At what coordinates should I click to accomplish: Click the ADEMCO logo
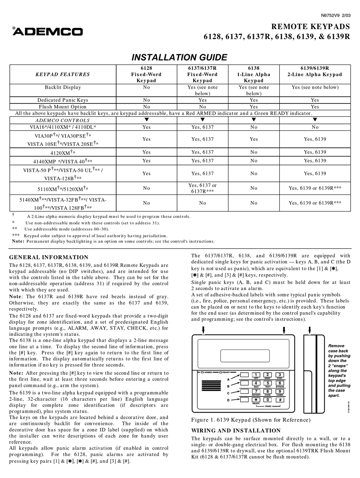pos(47,32)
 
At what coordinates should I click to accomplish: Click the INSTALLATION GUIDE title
pos(179,57)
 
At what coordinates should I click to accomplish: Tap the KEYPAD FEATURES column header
pos(63,74)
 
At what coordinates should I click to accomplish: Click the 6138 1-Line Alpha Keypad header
pos(254,74)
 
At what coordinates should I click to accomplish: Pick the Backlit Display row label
pos(63,87)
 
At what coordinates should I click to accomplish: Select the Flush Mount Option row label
pos(63,107)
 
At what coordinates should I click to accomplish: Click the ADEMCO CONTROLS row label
pos(63,120)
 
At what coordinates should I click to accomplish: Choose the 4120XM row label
pos(63,152)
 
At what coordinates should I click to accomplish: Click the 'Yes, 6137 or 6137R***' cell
pos(202,188)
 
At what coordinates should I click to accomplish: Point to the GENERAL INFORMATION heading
pos(49,257)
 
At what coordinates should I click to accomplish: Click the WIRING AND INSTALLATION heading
pos(236,431)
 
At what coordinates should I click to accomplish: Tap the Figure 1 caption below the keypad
pos(250,420)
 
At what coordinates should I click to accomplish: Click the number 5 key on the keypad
pos(268,383)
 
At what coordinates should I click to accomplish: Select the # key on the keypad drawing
pos(280,400)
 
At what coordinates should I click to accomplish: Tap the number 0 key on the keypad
pos(268,400)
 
